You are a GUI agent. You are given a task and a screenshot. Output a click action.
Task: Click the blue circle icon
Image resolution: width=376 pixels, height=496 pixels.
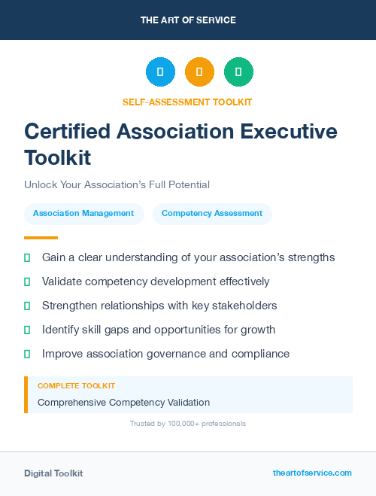click(160, 72)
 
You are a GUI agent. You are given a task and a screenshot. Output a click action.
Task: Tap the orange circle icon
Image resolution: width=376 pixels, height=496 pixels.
click(199, 72)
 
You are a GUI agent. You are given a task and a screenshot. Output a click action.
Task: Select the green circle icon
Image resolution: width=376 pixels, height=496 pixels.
click(238, 72)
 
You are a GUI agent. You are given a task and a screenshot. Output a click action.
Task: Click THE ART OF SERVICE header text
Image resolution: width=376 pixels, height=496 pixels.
click(188, 20)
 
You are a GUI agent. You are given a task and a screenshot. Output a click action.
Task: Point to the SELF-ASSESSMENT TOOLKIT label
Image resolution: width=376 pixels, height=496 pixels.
click(188, 102)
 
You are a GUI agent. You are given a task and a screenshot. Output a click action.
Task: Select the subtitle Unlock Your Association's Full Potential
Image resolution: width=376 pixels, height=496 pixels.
click(117, 184)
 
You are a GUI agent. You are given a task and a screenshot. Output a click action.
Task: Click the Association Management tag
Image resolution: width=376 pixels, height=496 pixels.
click(83, 214)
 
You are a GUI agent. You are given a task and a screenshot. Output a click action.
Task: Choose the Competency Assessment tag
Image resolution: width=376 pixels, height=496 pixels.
click(212, 214)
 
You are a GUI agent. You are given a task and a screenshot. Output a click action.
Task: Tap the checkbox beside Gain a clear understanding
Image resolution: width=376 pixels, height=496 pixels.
click(27, 258)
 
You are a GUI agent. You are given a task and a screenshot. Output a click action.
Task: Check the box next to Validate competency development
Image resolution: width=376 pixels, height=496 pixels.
click(27, 282)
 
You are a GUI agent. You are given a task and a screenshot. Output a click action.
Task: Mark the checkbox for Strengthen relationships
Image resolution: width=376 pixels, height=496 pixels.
click(27, 306)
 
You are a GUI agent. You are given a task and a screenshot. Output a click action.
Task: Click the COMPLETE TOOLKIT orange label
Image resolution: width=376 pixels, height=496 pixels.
click(76, 385)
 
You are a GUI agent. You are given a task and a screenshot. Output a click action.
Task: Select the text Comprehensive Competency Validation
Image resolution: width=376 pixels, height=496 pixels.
click(123, 403)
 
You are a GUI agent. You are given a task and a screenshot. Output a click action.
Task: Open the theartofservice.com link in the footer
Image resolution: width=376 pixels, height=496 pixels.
click(312, 473)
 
